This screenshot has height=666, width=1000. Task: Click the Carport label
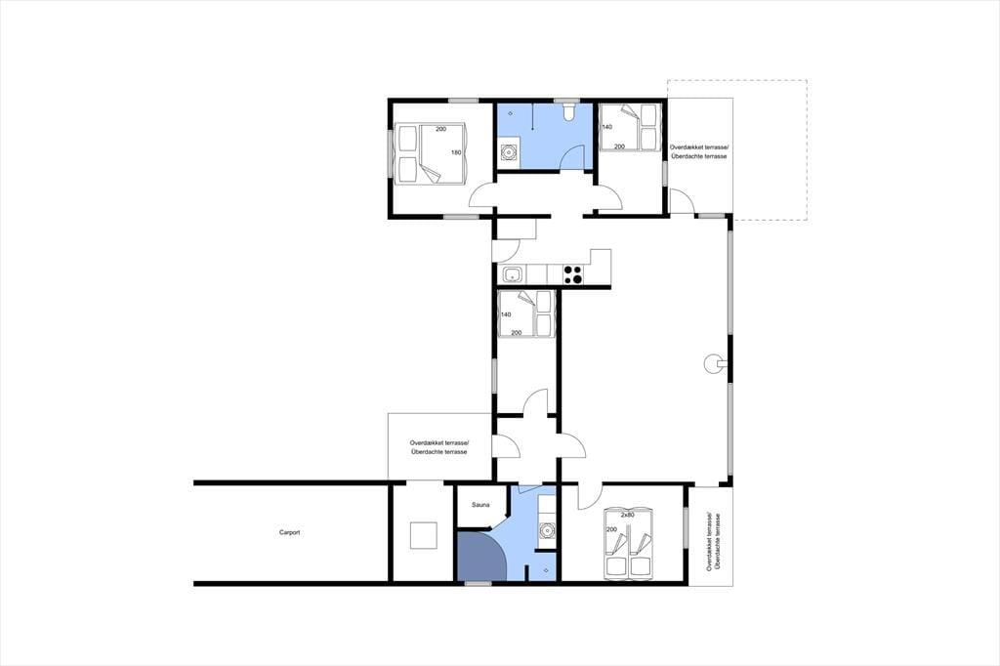[x=289, y=532]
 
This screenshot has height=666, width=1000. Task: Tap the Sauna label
[x=480, y=505]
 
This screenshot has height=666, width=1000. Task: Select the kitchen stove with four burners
[x=573, y=274]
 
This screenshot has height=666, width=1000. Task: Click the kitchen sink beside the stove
[x=513, y=275]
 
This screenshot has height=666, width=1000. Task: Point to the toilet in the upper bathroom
[x=569, y=111]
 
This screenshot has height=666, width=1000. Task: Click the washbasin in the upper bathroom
[x=509, y=153]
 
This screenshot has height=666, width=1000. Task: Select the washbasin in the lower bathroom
[x=546, y=529]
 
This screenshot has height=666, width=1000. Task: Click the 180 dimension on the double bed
[x=456, y=152]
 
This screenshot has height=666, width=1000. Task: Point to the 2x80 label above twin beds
[x=628, y=515]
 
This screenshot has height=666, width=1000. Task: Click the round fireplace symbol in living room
[x=713, y=363]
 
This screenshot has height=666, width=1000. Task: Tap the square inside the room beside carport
[x=424, y=535]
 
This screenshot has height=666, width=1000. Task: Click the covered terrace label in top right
[x=698, y=151]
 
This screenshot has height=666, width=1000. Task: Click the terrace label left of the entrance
[x=438, y=446]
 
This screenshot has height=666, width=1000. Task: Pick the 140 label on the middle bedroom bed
[x=506, y=314]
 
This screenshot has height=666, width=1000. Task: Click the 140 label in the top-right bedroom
[x=607, y=127]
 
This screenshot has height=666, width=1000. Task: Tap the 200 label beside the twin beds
[x=611, y=530]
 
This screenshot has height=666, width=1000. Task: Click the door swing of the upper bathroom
[x=571, y=157]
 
